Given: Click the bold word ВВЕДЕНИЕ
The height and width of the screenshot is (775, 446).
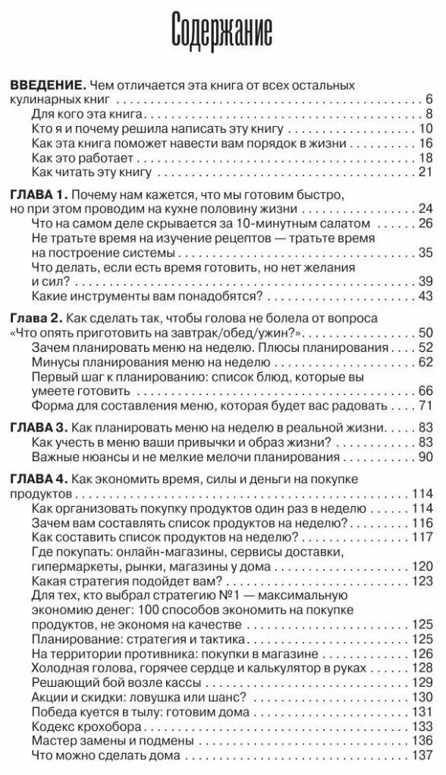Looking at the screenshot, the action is (46, 85).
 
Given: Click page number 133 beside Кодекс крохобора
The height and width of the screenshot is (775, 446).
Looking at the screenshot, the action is (422, 727).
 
